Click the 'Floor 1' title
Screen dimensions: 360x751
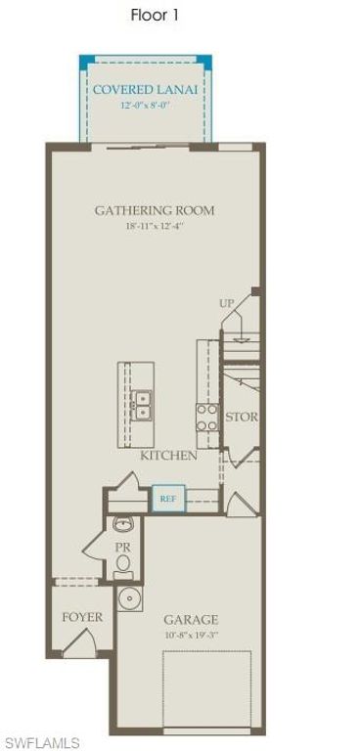coord(155,16)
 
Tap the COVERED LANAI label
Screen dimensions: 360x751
coord(145,90)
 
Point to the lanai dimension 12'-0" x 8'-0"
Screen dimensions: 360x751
coord(145,105)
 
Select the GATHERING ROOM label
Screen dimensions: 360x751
coord(155,210)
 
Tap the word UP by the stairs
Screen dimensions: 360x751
coord(229,303)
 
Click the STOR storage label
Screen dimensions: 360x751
coord(242,417)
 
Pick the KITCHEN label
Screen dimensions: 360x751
coord(168,456)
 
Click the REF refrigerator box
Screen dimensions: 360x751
coord(168,499)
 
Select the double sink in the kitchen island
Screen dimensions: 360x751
coord(142,405)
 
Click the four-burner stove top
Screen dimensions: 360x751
coord(207,419)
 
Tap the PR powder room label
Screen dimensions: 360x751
coord(122,548)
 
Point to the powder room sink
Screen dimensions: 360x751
coord(122,524)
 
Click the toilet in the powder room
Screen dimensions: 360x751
coord(123,565)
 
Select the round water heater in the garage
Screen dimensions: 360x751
coord(130,597)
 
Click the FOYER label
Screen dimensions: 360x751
coord(82,618)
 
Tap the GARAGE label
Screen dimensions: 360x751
coord(191,620)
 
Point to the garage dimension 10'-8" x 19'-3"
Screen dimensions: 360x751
coord(191,636)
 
